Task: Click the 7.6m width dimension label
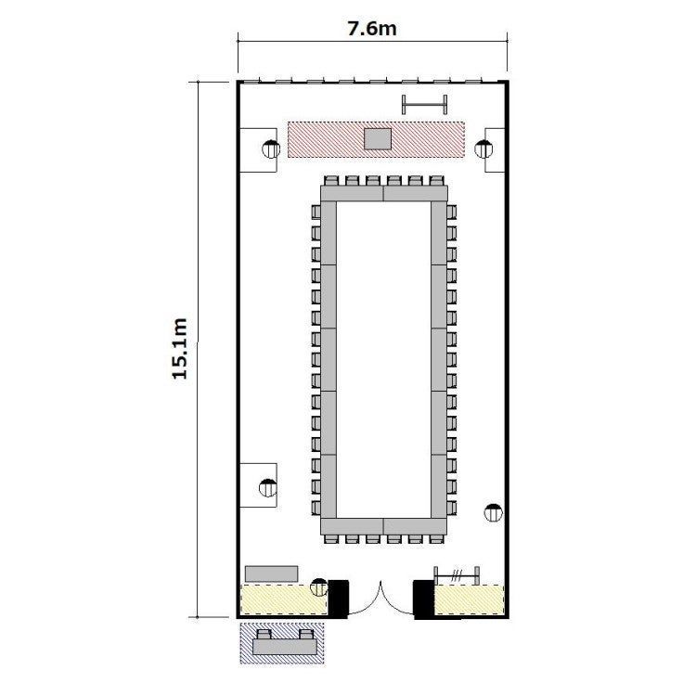(x=372, y=29)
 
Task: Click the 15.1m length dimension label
(x=180, y=348)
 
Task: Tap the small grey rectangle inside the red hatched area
(x=378, y=139)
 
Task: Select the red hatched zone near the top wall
(x=376, y=139)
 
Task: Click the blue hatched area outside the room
(x=282, y=643)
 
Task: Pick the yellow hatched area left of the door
(x=284, y=599)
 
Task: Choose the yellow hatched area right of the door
(x=469, y=600)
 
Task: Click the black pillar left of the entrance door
(x=338, y=599)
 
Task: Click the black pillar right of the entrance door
(x=423, y=599)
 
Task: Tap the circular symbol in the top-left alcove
(x=271, y=148)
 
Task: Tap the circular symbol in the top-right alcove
(x=483, y=148)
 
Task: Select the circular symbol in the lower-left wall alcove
(x=268, y=488)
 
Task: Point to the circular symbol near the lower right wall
(x=493, y=512)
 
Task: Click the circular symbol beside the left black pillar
(x=319, y=587)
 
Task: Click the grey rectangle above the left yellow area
(x=271, y=574)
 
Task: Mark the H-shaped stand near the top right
(x=424, y=105)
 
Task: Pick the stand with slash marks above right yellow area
(x=457, y=576)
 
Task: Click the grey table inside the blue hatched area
(x=285, y=647)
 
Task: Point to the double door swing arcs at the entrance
(x=380, y=599)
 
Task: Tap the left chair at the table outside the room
(x=264, y=634)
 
